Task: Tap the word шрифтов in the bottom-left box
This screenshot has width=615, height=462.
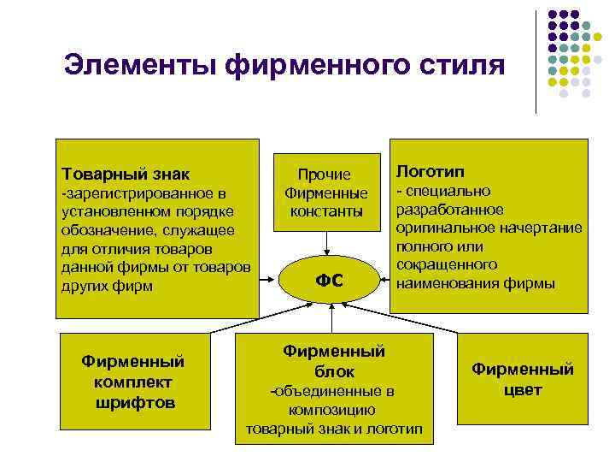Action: click(x=136, y=401)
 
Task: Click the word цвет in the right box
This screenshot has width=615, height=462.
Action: click(x=523, y=390)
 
